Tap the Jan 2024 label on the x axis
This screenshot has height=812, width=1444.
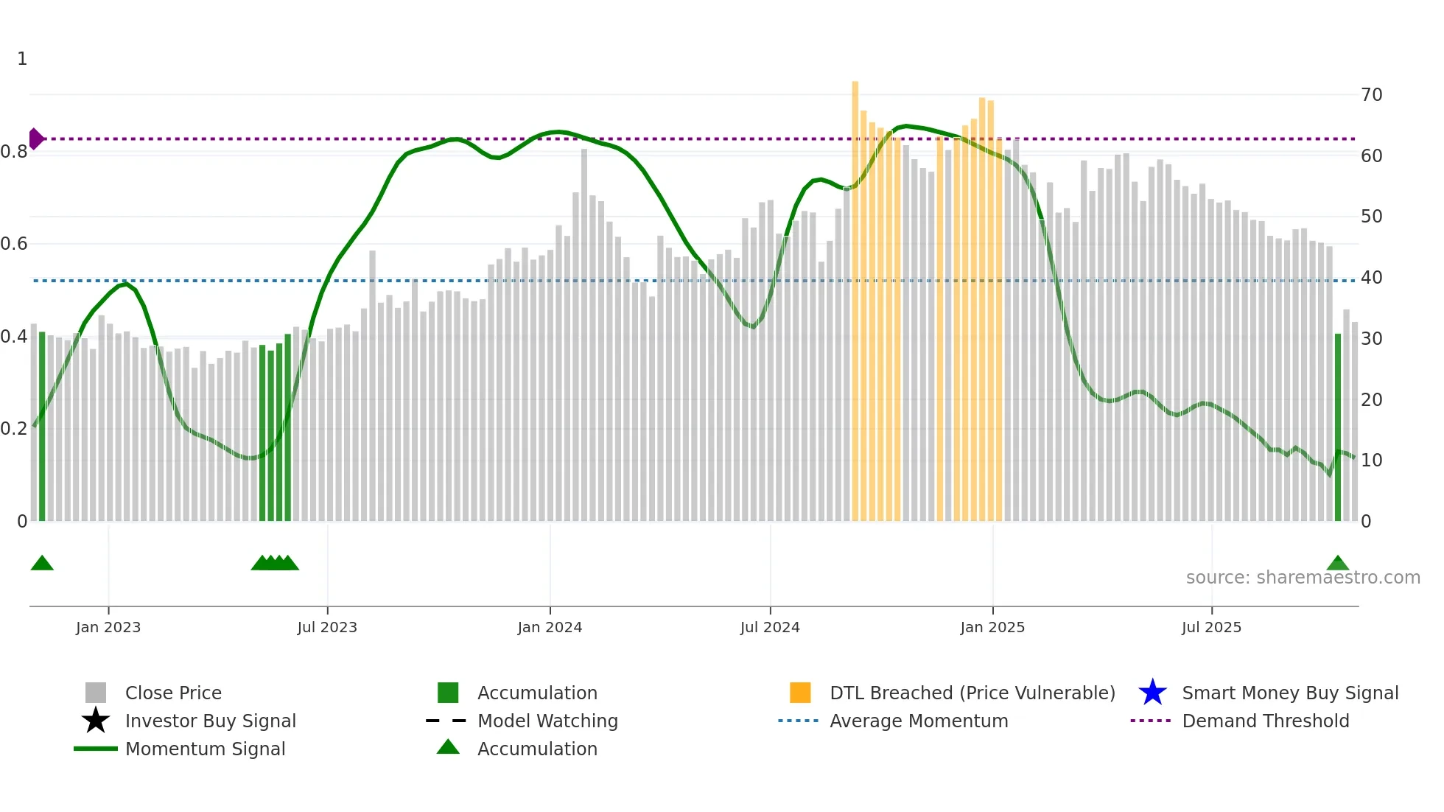pyautogui.click(x=550, y=627)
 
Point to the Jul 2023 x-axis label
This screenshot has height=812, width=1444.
pyautogui.click(x=327, y=627)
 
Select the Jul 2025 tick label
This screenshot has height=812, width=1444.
pyautogui.click(x=1211, y=627)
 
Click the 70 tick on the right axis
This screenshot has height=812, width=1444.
pyautogui.click(x=1372, y=95)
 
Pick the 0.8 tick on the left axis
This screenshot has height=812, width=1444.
pyautogui.click(x=14, y=152)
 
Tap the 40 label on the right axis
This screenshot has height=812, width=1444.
pyautogui.click(x=1372, y=278)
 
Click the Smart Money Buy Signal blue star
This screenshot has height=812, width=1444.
pyautogui.click(x=1152, y=693)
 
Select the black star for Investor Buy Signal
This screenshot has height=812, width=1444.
pyautogui.click(x=96, y=721)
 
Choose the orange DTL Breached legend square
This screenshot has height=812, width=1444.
pyautogui.click(x=800, y=693)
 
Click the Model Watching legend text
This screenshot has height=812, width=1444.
pyautogui.click(x=547, y=721)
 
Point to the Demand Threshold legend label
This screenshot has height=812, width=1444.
pyautogui.click(x=1265, y=721)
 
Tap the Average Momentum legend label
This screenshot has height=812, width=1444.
pyautogui.click(x=919, y=721)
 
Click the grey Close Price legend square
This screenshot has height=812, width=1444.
pyautogui.click(x=96, y=693)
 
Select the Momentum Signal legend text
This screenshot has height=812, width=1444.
pyautogui.click(x=205, y=749)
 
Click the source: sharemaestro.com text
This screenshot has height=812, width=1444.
pyautogui.click(x=1303, y=577)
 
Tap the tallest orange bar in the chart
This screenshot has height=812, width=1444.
pyautogui.click(x=855, y=295)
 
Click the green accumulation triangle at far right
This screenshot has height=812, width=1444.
pyautogui.click(x=1338, y=564)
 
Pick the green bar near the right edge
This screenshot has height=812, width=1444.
pyautogui.click(x=1338, y=427)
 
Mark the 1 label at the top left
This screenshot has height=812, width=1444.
pyautogui.click(x=22, y=59)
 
